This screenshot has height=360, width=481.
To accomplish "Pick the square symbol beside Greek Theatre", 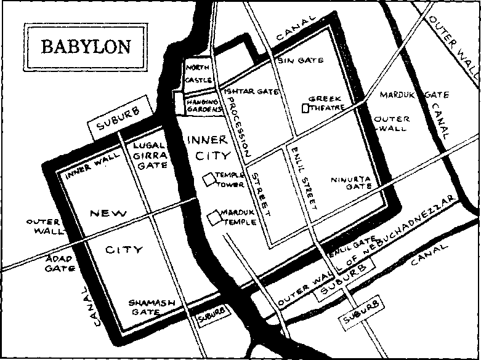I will (305, 108).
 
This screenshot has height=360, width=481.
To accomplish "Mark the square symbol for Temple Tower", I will (210, 179).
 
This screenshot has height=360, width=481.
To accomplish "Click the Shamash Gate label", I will (152, 306).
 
